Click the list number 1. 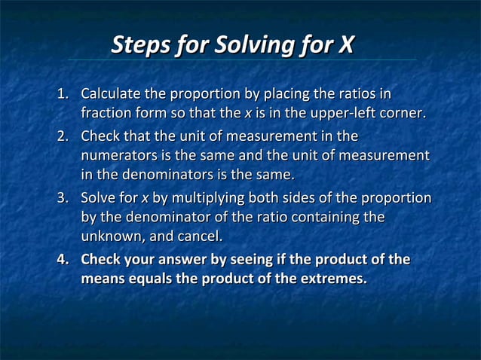[63, 95]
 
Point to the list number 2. [63, 137]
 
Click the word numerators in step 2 [117, 157]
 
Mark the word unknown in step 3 [110, 236]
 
